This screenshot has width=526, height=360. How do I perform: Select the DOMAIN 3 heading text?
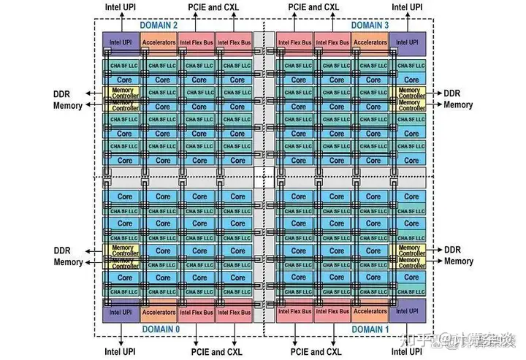[x=370, y=25]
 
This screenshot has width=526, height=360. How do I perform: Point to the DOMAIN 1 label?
[x=370, y=330]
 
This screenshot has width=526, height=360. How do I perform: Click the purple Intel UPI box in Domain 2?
[x=120, y=42]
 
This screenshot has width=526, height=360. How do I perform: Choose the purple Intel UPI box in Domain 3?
[x=408, y=42]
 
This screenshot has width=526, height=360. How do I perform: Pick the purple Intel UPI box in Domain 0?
[x=120, y=312]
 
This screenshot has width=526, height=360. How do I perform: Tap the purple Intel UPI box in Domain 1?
[x=408, y=312]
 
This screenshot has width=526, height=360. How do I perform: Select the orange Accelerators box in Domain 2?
[x=158, y=42]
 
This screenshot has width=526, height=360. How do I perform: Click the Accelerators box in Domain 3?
[x=370, y=42]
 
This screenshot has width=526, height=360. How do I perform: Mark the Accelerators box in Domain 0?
[x=158, y=312]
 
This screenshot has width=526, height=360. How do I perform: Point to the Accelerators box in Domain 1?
[x=370, y=312]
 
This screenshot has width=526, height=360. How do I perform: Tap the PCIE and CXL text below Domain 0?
[x=216, y=351]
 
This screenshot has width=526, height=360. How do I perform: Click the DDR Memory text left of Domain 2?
[x=68, y=99]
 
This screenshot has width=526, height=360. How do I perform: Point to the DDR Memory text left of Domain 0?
[x=68, y=256]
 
